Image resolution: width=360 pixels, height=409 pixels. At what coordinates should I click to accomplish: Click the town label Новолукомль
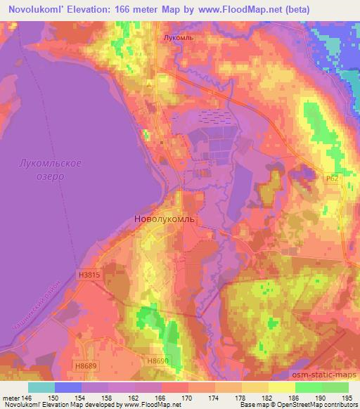pyautogui.click(x=168, y=219)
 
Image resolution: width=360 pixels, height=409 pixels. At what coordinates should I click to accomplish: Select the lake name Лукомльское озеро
pyautogui.click(x=50, y=169)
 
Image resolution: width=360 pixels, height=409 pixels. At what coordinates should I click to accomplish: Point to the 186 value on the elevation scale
pyautogui.click(x=292, y=398)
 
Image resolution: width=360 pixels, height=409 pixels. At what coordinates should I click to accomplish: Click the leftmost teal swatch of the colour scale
pyautogui.click(x=42, y=387)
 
